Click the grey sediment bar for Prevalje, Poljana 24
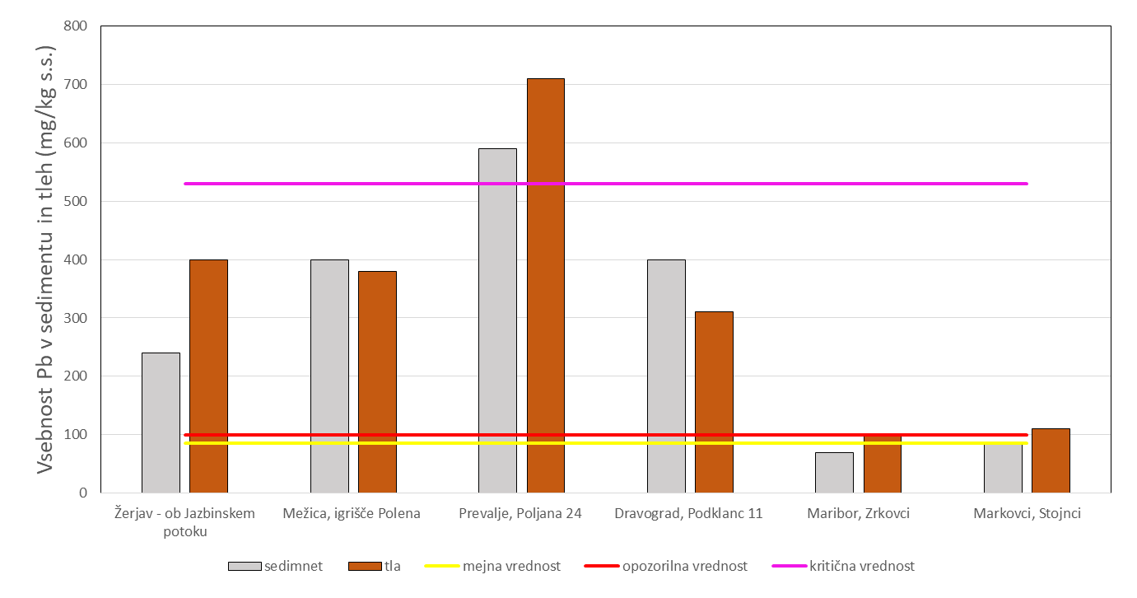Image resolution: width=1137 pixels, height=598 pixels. [497, 321]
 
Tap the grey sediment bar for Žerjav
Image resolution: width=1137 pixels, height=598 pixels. [161, 423]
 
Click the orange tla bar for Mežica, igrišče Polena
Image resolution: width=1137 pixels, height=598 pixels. [377, 382]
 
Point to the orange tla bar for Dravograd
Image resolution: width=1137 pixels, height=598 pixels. [714, 403]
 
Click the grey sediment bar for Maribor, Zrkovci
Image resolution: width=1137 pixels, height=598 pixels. [834, 473]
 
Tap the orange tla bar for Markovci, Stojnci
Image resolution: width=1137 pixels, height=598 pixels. [1051, 461]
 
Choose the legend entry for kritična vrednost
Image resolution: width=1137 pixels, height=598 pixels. [843, 566]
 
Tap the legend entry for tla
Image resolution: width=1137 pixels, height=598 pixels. [375, 566]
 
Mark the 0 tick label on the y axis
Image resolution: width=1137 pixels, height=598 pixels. [84, 493]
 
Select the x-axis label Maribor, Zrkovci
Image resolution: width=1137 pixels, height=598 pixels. [858, 513]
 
